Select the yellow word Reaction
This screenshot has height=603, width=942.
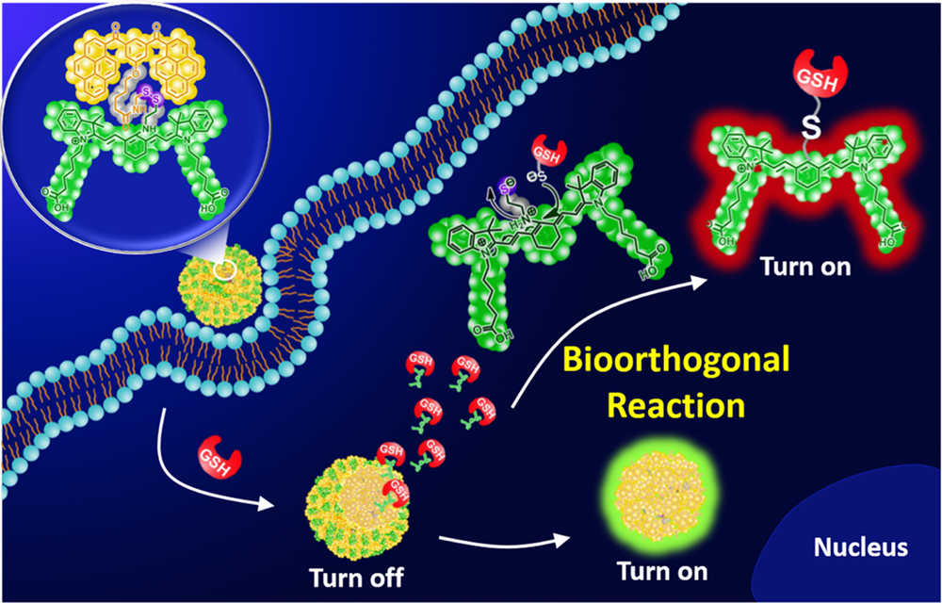676,405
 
